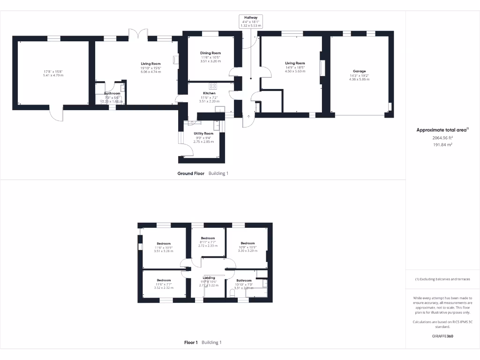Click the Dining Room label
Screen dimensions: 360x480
click(210, 53)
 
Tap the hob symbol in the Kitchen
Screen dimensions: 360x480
click(212, 86)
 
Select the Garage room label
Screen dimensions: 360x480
click(360, 71)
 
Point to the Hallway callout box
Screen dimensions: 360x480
click(250, 22)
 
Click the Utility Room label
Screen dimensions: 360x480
click(203, 134)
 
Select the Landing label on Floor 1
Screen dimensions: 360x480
click(209, 277)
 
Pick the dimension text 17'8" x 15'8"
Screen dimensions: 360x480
click(53, 72)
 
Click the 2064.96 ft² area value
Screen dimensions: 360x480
click(442, 138)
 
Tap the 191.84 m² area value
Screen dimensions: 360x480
click(442, 145)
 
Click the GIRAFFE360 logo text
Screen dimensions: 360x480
click(442, 336)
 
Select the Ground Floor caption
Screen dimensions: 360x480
click(191, 173)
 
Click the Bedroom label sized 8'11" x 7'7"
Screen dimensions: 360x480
click(208, 238)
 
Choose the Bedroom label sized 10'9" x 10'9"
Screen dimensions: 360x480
click(247, 243)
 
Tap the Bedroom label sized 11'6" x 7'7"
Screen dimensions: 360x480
click(164, 280)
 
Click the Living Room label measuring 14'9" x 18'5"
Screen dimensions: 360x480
click(295, 63)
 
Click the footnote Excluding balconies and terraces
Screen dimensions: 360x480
click(442, 279)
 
